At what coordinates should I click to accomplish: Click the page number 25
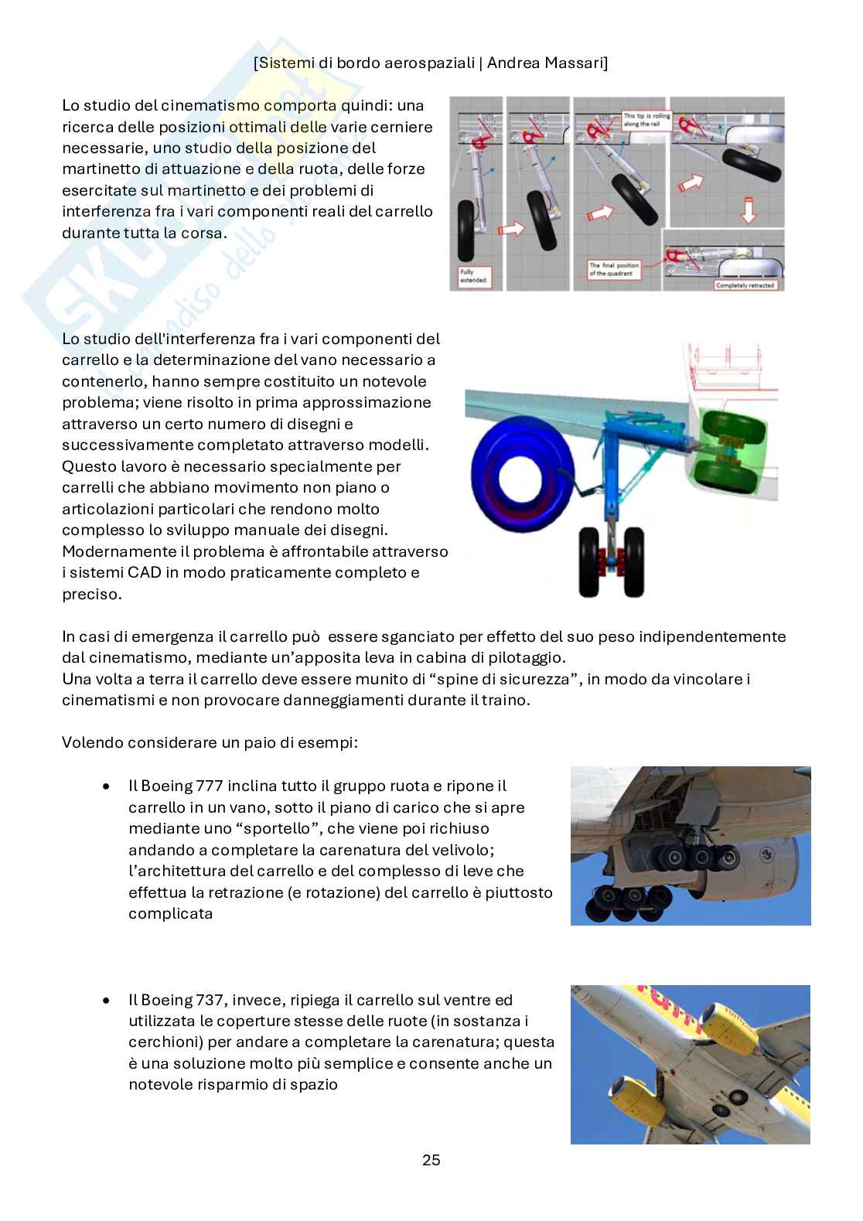[x=431, y=1160]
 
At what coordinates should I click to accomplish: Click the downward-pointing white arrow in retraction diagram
[x=748, y=209]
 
